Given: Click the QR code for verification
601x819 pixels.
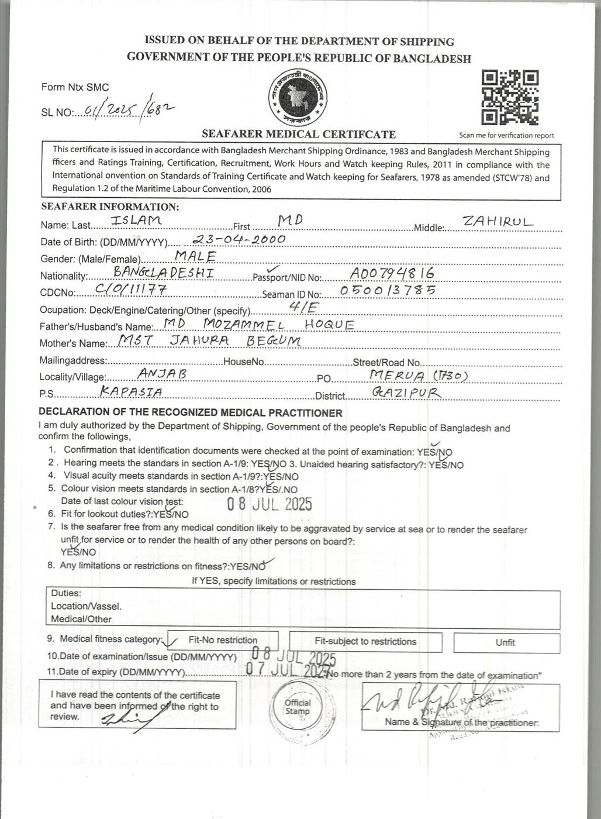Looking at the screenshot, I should click(x=510, y=97).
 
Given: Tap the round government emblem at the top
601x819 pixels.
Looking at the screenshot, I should click(x=298, y=97).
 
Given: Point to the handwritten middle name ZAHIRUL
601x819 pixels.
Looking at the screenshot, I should click(x=498, y=222).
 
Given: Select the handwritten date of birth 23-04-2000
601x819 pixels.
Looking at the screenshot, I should click(x=239, y=239).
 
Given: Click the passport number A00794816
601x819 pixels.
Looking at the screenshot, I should click(x=392, y=273).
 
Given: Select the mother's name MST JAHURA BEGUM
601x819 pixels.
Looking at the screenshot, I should click(x=209, y=340).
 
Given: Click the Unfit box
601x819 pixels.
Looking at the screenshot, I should click(x=506, y=642).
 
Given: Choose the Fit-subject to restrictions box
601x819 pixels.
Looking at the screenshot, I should click(x=365, y=642).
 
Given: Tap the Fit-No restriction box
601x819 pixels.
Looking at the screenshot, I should click(x=223, y=641).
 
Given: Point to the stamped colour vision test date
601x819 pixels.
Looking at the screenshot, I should click(x=270, y=504).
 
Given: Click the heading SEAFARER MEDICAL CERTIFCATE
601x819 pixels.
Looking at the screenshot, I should click(x=298, y=134).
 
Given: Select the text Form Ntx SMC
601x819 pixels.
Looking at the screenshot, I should click(x=75, y=87).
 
